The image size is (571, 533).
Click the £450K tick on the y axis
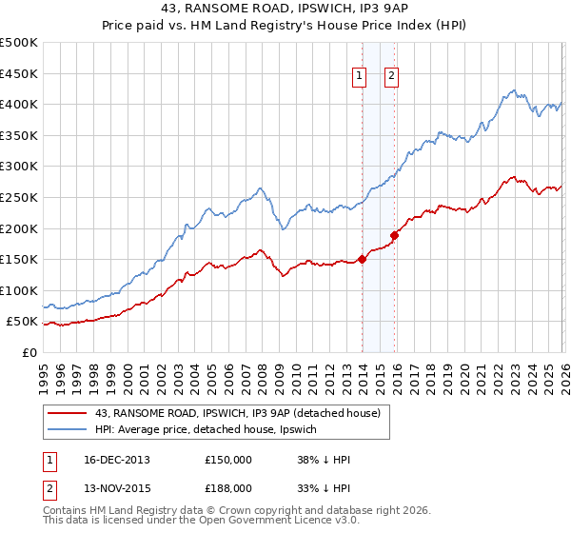click(x=18, y=73)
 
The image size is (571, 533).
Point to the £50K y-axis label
click(x=22, y=322)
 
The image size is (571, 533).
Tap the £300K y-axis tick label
click(x=18, y=167)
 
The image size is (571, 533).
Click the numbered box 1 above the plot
click(x=360, y=78)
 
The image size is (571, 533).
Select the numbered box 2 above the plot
click(x=391, y=78)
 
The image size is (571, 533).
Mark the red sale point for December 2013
click(x=363, y=259)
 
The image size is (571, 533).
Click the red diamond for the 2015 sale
click(x=394, y=234)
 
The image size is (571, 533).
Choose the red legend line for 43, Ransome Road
click(x=67, y=413)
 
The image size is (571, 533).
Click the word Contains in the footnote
click(x=68, y=511)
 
